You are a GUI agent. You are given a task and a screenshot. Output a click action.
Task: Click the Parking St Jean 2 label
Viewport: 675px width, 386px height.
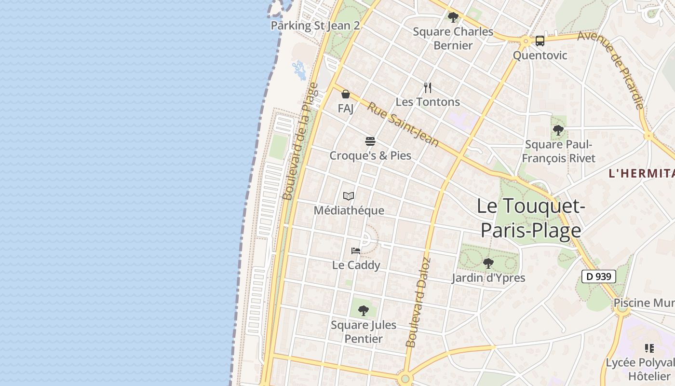[315, 26]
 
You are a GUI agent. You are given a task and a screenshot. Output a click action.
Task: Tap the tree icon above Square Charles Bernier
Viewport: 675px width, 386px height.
[453, 18]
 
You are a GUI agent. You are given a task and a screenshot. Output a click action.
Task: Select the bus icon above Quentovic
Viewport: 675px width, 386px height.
[540, 41]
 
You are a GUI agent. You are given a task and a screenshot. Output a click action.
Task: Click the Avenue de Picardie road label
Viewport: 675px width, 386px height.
[611, 69]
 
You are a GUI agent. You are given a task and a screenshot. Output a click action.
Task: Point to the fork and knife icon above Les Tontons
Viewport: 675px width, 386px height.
[427, 87]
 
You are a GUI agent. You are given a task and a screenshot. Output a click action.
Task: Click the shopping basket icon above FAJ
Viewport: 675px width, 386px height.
[346, 94]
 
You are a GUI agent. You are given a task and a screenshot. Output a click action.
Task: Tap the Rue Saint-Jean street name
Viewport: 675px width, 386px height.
[403, 124]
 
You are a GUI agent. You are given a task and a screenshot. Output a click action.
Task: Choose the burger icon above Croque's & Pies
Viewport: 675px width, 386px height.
[370, 141]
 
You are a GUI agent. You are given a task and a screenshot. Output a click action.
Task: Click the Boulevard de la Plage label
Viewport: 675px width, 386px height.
[300, 141]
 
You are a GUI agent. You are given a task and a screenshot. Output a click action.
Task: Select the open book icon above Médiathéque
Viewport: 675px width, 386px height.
[349, 196]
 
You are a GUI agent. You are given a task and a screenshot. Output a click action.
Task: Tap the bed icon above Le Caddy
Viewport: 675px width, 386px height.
[356, 251]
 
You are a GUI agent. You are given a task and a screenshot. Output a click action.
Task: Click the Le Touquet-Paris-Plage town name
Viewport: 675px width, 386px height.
[531, 218]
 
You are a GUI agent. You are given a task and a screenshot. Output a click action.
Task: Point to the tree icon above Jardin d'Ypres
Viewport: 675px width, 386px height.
[488, 263]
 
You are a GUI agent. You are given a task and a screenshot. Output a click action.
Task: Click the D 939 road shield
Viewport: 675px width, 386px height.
[598, 276]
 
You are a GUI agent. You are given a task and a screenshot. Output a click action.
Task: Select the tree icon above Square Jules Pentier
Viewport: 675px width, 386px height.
[364, 310]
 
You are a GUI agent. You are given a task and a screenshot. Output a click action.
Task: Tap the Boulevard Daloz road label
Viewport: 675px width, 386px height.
[418, 303]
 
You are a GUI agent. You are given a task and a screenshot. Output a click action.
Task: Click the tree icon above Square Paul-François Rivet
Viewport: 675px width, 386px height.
[558, 130]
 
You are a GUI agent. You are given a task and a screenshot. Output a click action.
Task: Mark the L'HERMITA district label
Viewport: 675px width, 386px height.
[641, 174]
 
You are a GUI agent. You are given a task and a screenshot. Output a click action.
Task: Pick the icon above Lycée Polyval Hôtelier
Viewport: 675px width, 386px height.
[649, 348]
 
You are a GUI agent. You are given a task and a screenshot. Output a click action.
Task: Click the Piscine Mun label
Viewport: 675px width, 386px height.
[644, 303]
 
